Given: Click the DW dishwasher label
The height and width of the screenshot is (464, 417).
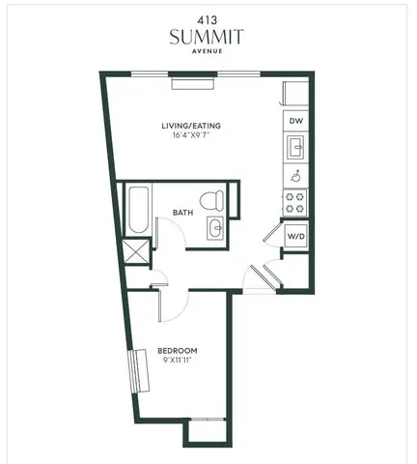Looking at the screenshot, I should [x=295, y=121].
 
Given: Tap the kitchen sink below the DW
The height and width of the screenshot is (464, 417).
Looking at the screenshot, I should [x=294, y=148].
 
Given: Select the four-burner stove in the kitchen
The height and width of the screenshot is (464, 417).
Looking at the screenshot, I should [x=294, y=203].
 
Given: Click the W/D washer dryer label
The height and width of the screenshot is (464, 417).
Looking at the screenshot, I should [x=295, y=236].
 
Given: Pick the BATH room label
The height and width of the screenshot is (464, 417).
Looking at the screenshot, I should [x=183, y=213].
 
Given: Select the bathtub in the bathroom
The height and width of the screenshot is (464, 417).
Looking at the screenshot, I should [x=138, y=211].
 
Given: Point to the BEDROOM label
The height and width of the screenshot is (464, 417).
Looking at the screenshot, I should [x=179, y=350].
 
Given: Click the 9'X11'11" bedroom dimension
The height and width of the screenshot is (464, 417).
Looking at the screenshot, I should [x=179, y=361].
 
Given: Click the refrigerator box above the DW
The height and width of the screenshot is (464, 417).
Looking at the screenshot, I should [x=295, y=93].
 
